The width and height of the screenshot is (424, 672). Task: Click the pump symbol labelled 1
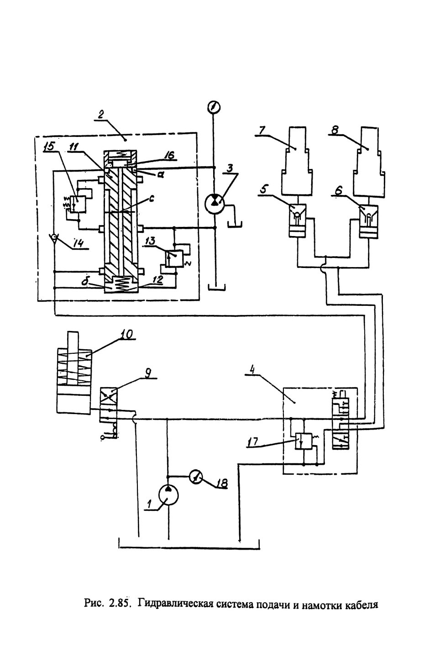[168, 497]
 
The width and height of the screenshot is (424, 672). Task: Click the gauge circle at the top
[214, 106]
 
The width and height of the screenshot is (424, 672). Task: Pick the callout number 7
[262, 131]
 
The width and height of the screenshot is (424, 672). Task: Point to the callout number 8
[335, 131]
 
